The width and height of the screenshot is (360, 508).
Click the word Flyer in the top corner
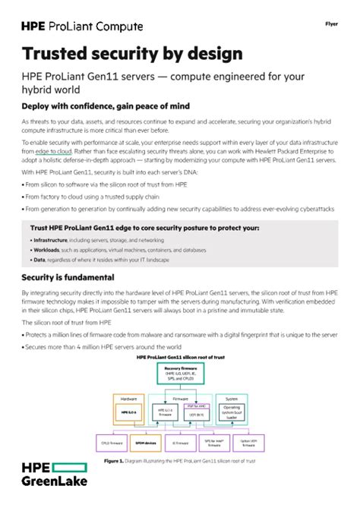(331, 24)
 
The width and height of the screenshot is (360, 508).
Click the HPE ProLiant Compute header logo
(82, 27)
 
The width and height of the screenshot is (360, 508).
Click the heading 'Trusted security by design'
(132, 54)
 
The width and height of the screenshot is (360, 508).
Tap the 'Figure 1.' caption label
(113, 460)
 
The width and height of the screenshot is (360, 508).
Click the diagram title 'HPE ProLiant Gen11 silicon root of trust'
(180, 356)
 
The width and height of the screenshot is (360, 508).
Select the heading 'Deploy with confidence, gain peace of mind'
(106, 106)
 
